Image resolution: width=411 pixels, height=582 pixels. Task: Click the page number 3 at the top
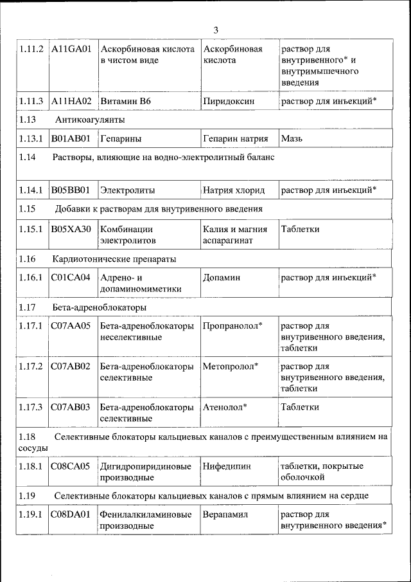pyautogui.click(x=216, y=30)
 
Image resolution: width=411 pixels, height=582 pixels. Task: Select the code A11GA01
pyautogui.click(x=73, y=50)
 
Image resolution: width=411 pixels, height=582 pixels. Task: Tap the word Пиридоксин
pyautogui.click(x=229, y=101)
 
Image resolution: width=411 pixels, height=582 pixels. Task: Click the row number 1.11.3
pyautogui.click(x=31, y=101)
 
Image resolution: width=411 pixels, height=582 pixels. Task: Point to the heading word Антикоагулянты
pyautogui.click(x=90, y=120)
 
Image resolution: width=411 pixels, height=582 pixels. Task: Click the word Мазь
pyautogui.click(x=292, y=138)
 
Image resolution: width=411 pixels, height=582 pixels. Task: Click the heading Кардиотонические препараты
pyautogui.click(x=114, y=259)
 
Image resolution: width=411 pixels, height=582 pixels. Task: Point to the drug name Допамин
pyautogui.click(x=221, y=278)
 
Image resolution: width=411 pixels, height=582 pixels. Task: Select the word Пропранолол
pyautogui.click(x=231, y=326)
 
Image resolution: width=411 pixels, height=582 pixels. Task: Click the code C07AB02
pyautogui.click(x=71, y=367)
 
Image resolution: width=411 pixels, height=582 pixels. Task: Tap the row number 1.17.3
pyautogui.click(x=31, y=407)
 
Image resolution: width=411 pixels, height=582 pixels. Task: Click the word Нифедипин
pyautogui.click(x=227, y=466)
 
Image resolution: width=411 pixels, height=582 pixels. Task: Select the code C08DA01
pyautogui.click(x=71, y=515)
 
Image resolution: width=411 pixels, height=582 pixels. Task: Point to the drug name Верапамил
pyautogui.click(x=225, y=515)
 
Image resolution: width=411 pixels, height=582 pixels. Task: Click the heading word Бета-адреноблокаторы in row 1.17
pyautogui.click(x=94, y=307)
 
